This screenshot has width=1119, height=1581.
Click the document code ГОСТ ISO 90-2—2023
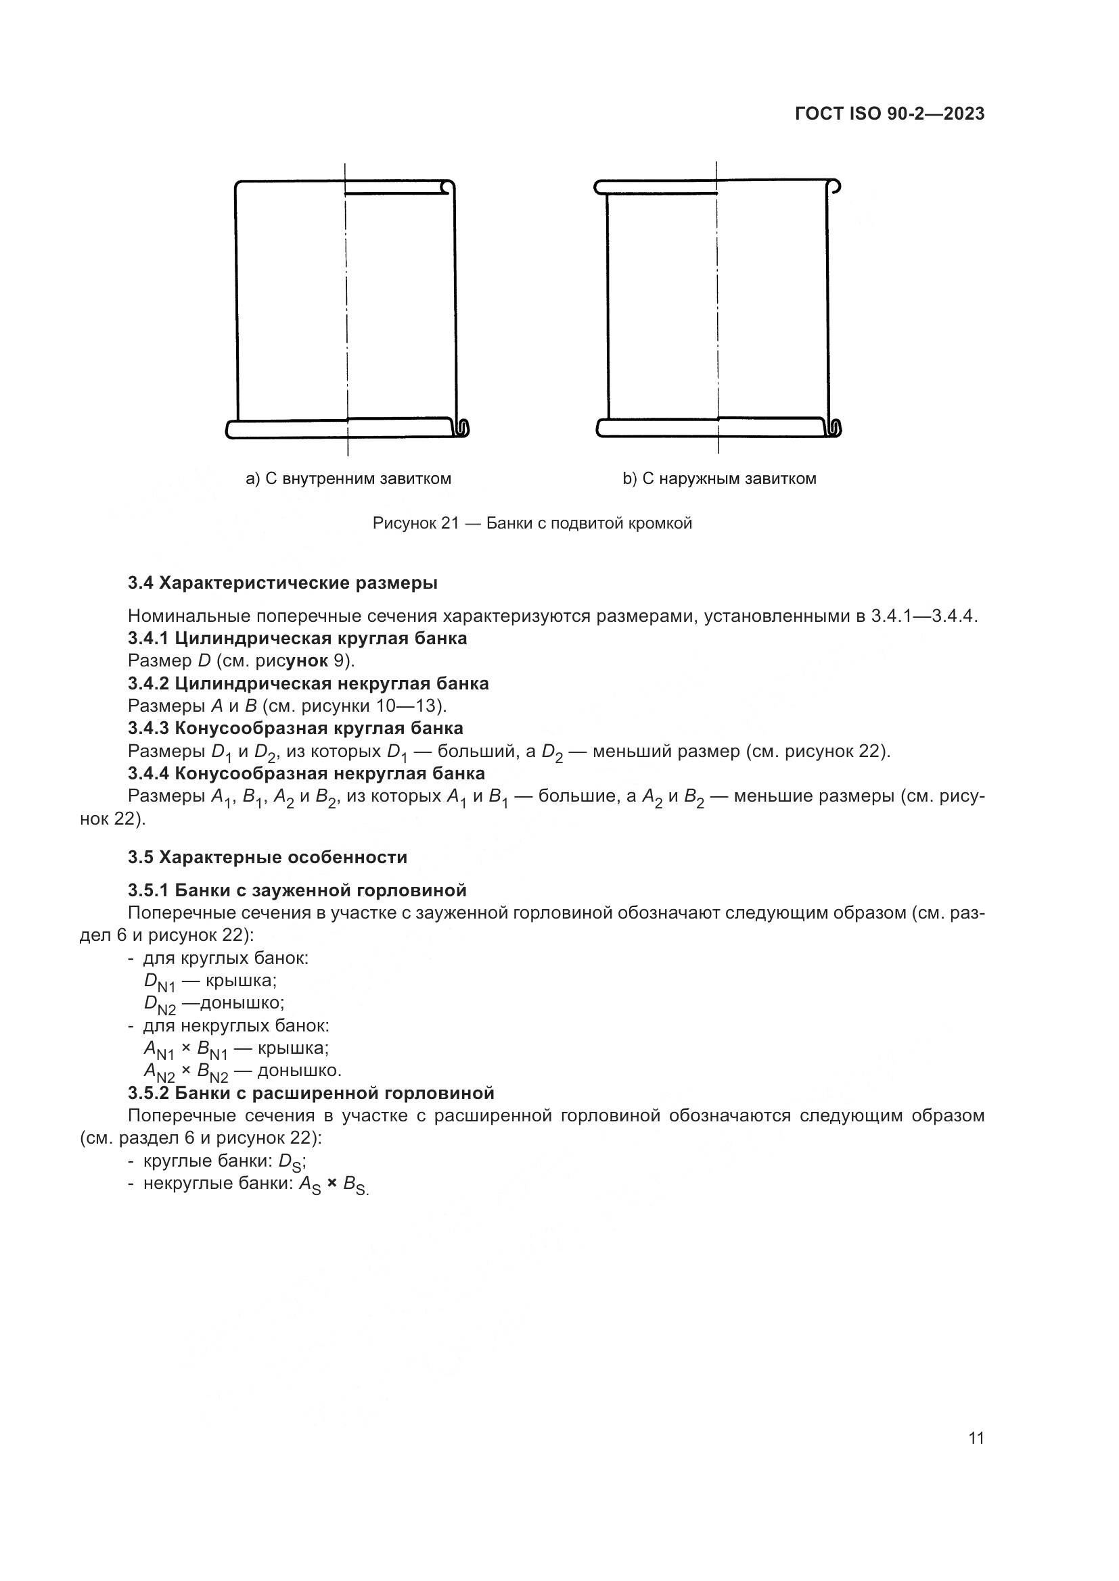[x=890, y=114]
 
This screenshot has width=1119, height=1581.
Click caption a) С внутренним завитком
[x=348, y=479]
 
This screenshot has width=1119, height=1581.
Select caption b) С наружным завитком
[x=719, y=479]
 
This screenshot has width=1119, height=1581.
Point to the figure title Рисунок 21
[x=532, y=523]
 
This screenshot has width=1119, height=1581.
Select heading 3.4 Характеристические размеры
[x=283, y=583]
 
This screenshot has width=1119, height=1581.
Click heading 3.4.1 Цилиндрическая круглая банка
[x=297, y=638]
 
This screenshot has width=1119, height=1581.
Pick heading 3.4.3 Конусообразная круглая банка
[x=295, y=728]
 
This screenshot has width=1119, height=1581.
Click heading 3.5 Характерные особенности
[x=267, y=857]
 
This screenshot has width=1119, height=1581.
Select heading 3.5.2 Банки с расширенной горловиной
[x=311, y=1093]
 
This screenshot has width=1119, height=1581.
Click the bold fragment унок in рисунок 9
[x=306, y=661]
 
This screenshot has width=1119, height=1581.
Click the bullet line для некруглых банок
[x=235, y=1025]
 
